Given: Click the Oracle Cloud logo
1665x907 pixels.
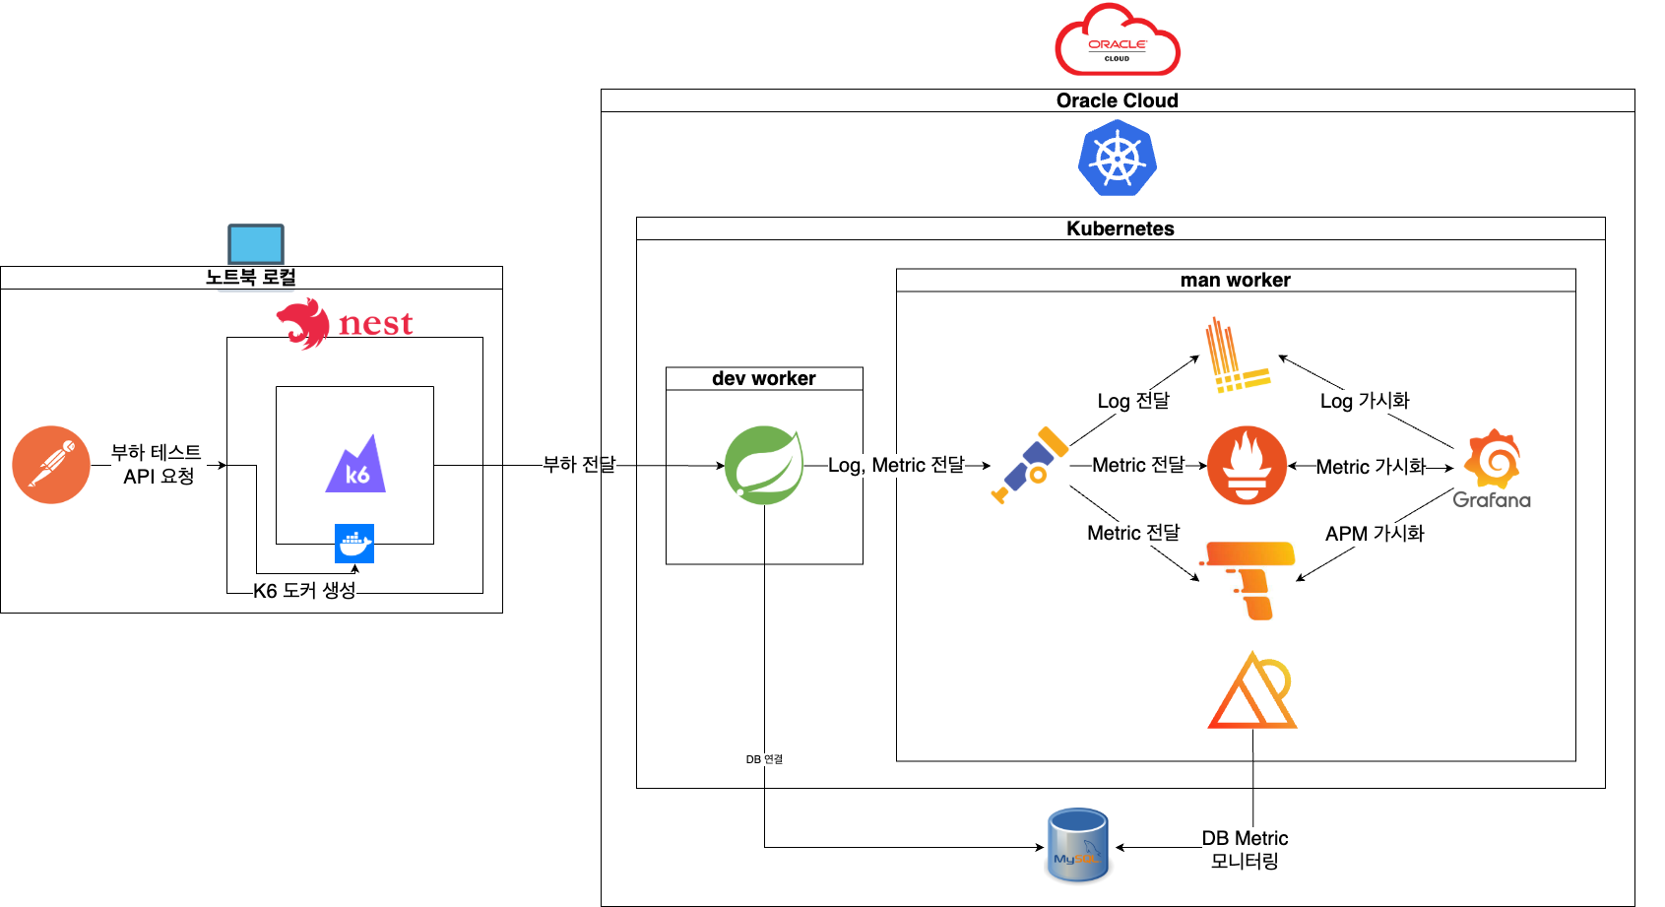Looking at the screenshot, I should (x=1118, y=41).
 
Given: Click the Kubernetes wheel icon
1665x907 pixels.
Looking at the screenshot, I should (x=1117, y=159).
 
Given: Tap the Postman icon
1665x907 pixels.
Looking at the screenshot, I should (x=51, y=465).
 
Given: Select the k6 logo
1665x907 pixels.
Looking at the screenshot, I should (x=355, y=465).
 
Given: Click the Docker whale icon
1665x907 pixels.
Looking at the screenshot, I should (x=354, y=544).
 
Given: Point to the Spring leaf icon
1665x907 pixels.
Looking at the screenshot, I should (x=764, y=465).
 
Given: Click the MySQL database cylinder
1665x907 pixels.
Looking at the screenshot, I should (x=1078, y=845).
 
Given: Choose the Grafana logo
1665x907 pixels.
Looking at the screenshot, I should (x=1492, y=469).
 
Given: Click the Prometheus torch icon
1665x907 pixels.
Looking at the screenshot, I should (x=1247, y=466).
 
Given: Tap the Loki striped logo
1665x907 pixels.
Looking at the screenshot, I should (x=1237, y=356).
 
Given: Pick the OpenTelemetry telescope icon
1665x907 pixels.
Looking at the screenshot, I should (x=1030, y=465).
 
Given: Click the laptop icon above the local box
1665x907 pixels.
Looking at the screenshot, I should (x=256, y=244).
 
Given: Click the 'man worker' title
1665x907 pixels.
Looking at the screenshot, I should (x=1235, y=281).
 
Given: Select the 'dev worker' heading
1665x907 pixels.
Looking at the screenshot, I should (x=763, y=379).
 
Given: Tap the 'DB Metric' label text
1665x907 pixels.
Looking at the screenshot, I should (x=1245, y=838).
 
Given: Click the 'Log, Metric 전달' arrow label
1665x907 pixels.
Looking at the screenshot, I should (x=896, y=465).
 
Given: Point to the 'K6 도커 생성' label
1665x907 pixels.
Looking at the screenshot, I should (x=304, y=591).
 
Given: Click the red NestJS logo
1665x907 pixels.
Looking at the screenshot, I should (x=345, y=323).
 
